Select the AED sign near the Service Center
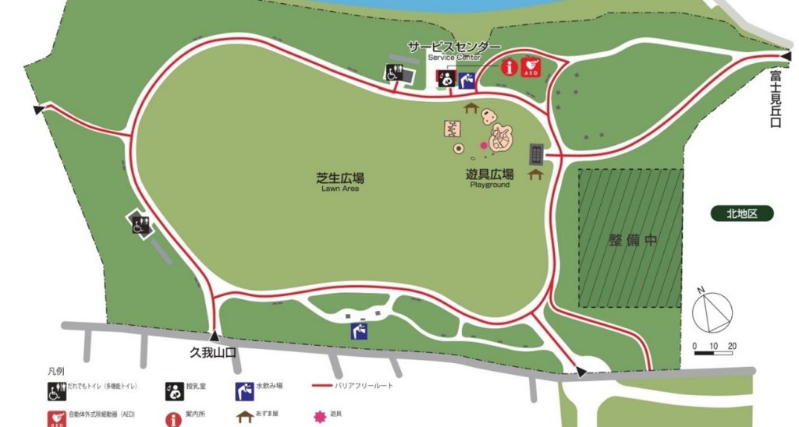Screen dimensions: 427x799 [530, 65]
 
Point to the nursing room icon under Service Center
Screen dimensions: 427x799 [446, 79]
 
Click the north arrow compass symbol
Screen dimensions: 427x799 [713, 312]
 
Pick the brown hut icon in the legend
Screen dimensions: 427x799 [245, 415]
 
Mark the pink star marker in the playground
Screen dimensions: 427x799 [484, 146]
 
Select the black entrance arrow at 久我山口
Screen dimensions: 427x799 [213, 336]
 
